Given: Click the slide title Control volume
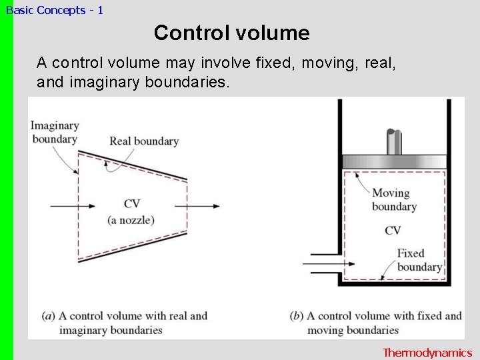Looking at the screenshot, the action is click(x=231, y=33).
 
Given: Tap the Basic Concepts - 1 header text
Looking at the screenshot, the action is click(x=55, y=10).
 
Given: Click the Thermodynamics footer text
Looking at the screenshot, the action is click(x=427, y=353).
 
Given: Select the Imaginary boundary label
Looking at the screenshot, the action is click(x=55, y=132).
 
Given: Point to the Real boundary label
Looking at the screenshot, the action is click(x=144, y=141).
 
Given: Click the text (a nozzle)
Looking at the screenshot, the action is click(x=131, y=220).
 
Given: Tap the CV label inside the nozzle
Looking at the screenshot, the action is click(x=131, y=204).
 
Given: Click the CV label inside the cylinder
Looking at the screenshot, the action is click(x=393, y=231).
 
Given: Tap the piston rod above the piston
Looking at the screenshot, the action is click(x=394, y=141).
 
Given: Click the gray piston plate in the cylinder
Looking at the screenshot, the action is click(x=393, y=161).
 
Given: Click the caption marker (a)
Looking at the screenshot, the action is click(x=48, y=316).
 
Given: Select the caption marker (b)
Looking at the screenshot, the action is click(x=297, y=316).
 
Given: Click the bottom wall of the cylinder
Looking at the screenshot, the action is click(x=393, y=283).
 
